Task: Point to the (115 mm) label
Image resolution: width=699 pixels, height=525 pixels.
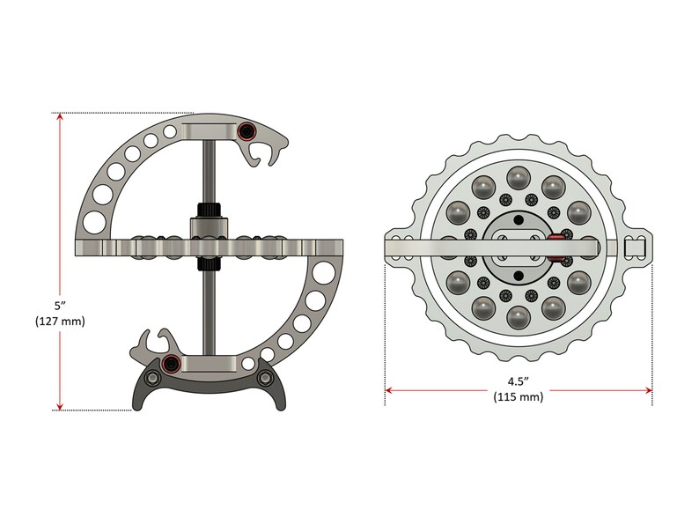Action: (x=518, y=397)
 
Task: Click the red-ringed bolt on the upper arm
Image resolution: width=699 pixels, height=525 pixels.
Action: (x=247, y=132)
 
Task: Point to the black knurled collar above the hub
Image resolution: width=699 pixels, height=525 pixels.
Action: (x=208, y=211)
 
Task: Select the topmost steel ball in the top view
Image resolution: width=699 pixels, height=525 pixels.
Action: (x=517, y=177)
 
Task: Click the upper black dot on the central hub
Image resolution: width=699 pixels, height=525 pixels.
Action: (x=519, y=219)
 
